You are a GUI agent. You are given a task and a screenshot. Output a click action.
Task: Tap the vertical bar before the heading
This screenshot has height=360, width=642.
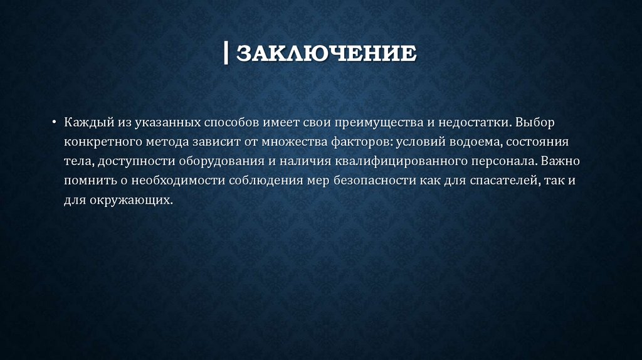(226, 53)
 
